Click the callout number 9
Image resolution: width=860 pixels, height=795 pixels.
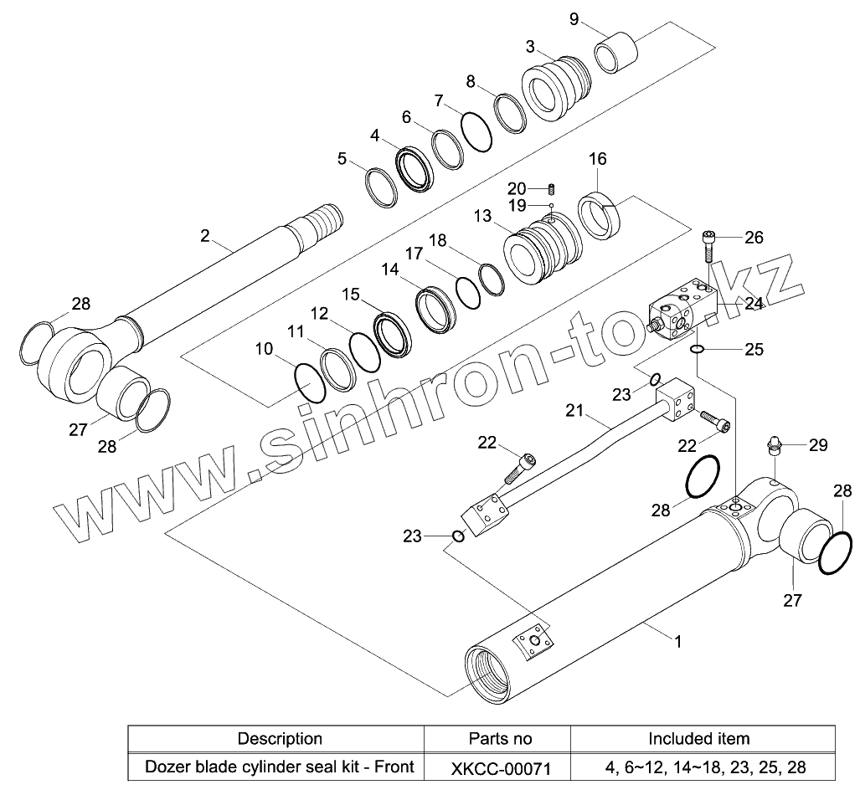pyautogui.click(x=574, y=19)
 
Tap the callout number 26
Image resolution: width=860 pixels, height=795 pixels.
pyautogui.click(x=754, y=238)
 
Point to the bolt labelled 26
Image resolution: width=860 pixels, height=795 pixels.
pyautogui.click(x=709, y=245)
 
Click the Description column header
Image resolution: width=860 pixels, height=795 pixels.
pyautogui.click(x=280, y=738)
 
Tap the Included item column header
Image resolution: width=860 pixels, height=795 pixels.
pyautogui.click(x=699, y=738)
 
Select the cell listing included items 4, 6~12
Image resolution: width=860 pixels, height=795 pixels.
pyautogui.click(x=699, y=766)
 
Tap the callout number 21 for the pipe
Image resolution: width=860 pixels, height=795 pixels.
pyautogui.click(x=574, y=411)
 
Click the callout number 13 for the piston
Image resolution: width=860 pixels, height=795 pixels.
pyautogui.click(x=482, y=217)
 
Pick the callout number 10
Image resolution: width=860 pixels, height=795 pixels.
pyautogui.click(x=265, y=349)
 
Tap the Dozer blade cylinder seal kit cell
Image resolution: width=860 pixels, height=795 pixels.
pyautogui.click(x=280, y=766)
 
